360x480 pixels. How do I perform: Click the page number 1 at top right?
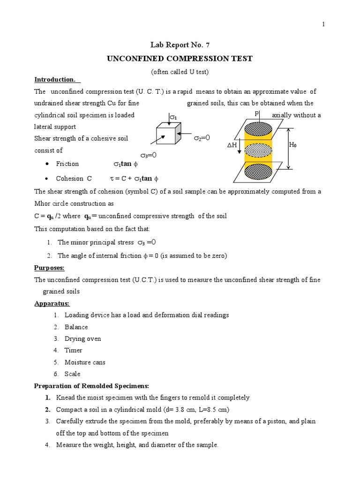(323, 25)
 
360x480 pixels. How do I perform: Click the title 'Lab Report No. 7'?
(180, 45)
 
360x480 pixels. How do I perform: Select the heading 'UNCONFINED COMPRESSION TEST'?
(180, 59)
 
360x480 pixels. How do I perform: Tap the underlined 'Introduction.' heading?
(55, 79)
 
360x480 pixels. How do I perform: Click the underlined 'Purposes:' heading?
(49, 268)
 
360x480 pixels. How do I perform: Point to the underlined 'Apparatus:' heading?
(52, 303)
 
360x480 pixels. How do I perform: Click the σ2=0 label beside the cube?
(202, 138)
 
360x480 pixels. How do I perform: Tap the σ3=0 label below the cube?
(148, 155)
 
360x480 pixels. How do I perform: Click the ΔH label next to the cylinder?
(233, 145)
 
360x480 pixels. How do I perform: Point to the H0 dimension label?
(292, 145)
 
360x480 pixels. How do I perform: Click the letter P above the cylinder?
(256, 114)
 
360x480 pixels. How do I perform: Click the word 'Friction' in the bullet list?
(67, 164)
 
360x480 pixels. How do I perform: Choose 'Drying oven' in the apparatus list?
(82, 338)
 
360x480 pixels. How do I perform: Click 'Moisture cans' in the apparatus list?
(85, 362)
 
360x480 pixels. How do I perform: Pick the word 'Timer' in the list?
(73, 350)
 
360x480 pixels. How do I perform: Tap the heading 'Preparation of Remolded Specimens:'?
(92, 386)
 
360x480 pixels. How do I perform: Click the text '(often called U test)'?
(180, 72)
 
